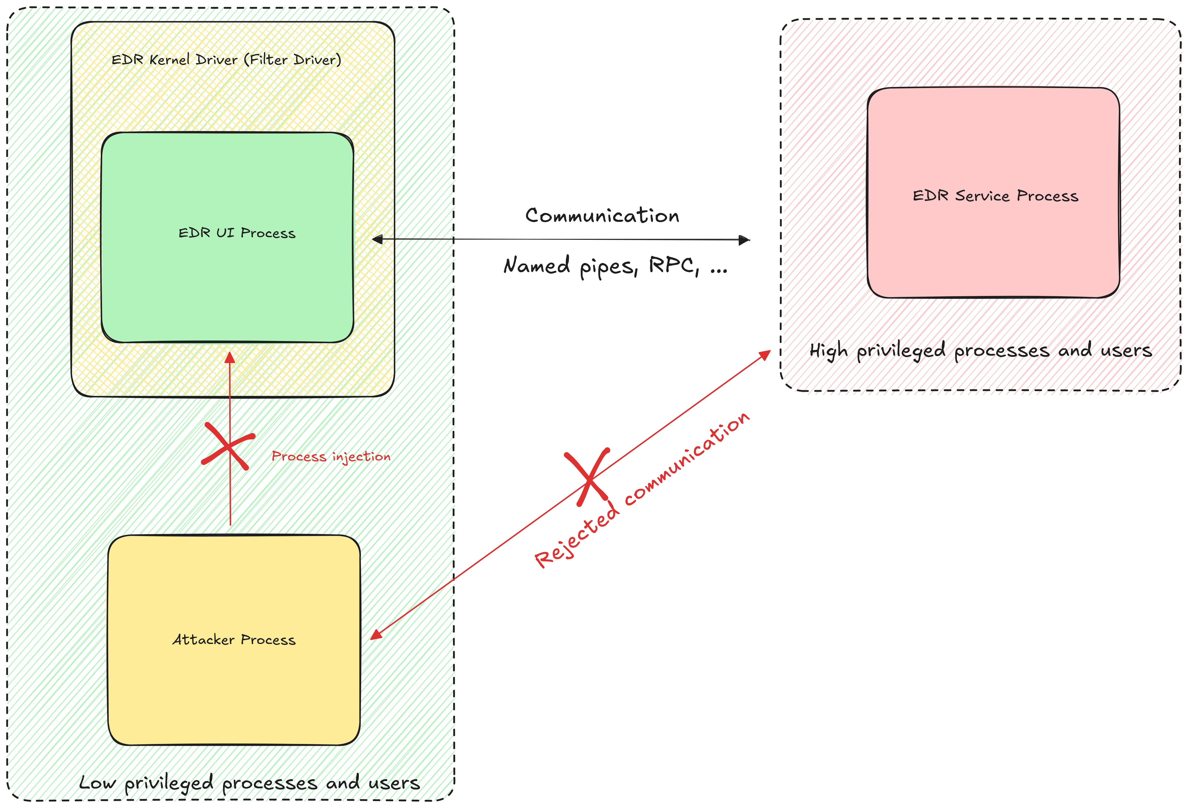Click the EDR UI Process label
tap(237, 233)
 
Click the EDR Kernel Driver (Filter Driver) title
tap(226, 60)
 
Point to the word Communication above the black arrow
tap(602, 216)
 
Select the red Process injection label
tap(331, 456)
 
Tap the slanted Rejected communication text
tap(642, 490)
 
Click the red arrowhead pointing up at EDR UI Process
tap(230, 358)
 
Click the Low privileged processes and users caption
tap(249, 783)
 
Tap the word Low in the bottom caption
tap(97, 783)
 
